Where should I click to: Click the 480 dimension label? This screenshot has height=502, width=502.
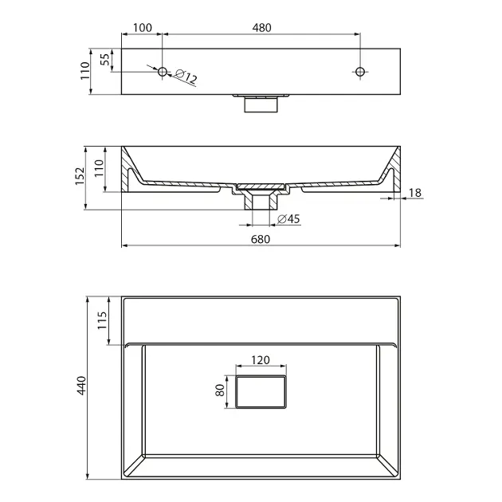tap(261, 28)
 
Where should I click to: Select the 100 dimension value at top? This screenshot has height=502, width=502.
tap(143, 28)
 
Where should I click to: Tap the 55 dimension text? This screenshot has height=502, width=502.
tap(105, 59)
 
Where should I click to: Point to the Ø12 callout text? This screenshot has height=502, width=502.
tap(186, 76)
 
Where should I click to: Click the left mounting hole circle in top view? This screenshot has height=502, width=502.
tap(163, 72)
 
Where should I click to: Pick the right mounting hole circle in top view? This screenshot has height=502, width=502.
tap(360, 72)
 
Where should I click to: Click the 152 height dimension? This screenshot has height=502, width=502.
tap(80, 176)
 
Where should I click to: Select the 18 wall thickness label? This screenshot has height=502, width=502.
tap(415, 193)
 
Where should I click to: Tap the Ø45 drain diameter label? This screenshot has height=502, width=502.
tap(288, 219)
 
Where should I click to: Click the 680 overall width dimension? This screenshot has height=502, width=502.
tap(261, 239)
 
